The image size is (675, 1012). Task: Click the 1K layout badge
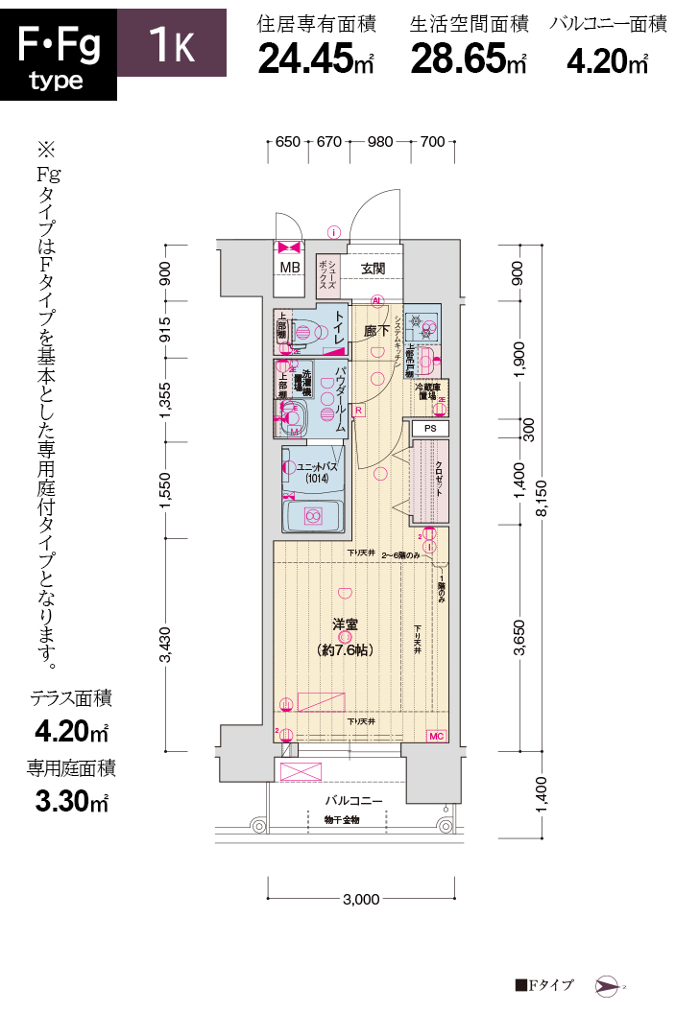[172, 43]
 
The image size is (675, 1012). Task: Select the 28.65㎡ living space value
[469, 59]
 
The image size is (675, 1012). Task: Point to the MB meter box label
[288, 268]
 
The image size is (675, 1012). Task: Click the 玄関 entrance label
[373, 268]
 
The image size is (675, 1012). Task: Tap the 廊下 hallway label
[375, 330]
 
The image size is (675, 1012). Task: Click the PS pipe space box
[430, 429]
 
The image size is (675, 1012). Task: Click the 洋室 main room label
[345, 624]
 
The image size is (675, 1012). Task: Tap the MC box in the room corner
[436, 737]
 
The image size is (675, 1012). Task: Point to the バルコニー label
[352, 800]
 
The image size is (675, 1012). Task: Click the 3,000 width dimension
[360, 900]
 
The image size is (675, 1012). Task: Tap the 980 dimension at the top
[380, 142]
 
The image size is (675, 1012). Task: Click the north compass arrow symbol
[608, 985]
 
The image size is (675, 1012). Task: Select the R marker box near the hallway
[358, 411]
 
